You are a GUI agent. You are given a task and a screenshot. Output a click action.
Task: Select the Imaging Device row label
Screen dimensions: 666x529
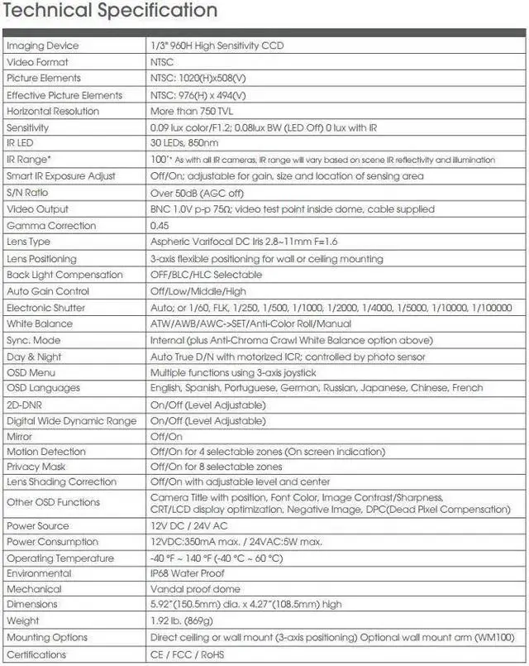coord(43,46)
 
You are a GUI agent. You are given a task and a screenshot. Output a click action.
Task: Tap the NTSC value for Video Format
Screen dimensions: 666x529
coord(164,62)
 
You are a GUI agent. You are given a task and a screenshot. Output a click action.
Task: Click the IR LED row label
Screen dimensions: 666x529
coord(23,144)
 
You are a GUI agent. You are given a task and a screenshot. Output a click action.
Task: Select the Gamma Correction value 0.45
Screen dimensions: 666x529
coord(160,225)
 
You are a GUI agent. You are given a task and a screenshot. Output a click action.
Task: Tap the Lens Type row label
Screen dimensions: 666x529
coord(29,242)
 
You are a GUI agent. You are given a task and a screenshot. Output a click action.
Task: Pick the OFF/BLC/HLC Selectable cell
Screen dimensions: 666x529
coord(206,275)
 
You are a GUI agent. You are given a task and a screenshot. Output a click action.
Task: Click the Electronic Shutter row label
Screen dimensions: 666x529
coord(46,307)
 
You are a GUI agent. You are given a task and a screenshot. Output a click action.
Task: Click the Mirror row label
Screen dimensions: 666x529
coord(20,436)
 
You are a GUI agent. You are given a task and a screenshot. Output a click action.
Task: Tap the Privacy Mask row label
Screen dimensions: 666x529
coord(35,467)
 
